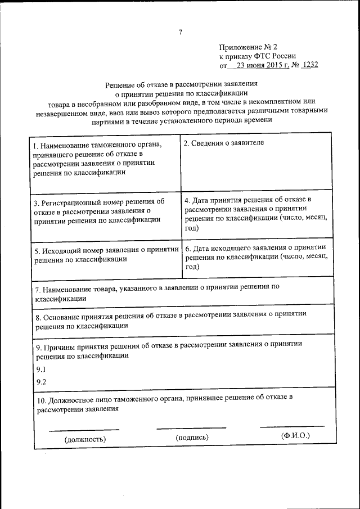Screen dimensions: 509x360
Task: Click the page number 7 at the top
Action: (180, 32)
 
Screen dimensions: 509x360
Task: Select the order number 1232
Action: (309, 65)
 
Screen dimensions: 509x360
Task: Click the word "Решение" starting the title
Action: (120, 85)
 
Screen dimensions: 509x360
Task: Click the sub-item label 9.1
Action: (40, 369)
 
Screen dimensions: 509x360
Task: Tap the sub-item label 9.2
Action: (40, 382)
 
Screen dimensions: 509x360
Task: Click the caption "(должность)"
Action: (85, 439)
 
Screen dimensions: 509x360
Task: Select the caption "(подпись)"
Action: (192, 437)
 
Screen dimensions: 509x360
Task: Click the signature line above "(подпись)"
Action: (191, 429)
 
